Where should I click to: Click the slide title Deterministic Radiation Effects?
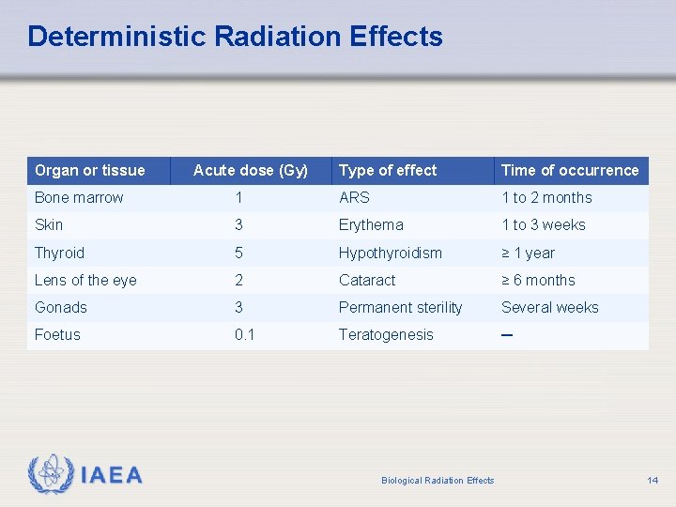coord(235,37)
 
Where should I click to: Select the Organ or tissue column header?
coord(89,170)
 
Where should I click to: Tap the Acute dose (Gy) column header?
coord(250,170)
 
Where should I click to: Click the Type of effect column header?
coord(388,170)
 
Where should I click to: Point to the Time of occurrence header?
coord(569,170)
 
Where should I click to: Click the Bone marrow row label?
coord(79,197)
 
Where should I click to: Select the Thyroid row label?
coord(59,253)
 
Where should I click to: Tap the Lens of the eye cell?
coord(85,280)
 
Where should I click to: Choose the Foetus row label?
coord(57,334)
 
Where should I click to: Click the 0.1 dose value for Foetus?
coord(244,334)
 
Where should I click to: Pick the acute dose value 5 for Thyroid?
coord(239,253)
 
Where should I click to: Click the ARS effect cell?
coord(354,197)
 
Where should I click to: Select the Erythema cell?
coord(371,224)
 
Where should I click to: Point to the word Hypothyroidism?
coord(390,253)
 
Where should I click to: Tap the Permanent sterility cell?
coord(400,307)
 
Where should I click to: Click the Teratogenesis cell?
coord(386,334)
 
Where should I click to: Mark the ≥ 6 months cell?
coord(538,280)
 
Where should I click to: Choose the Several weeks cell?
coord(549,307)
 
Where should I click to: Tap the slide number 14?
coord(652,481)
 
